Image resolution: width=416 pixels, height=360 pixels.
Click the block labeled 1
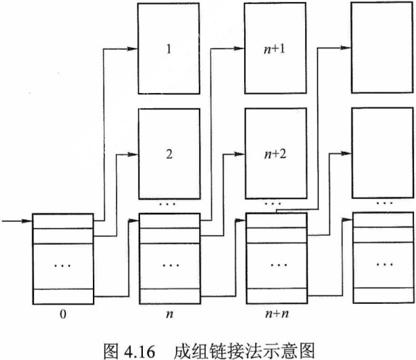168,50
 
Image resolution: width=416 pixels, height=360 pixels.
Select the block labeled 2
168,154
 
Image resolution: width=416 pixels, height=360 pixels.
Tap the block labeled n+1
275,50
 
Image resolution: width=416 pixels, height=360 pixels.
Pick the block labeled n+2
275,154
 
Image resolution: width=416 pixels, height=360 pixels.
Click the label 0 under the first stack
62,314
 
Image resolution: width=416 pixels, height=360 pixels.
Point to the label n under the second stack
168,314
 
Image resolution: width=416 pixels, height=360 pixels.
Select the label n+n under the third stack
276,314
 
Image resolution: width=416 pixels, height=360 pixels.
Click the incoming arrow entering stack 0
17,222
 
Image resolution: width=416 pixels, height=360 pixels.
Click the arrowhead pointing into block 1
135,48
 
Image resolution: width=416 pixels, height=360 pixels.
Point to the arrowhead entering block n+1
242,48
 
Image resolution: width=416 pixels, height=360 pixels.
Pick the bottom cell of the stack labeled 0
62,296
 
